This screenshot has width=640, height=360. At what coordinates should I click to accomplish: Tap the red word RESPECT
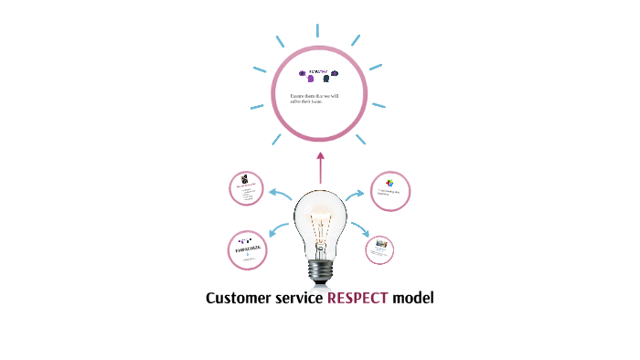click(357, 299)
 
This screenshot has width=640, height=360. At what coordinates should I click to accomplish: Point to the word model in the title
click(411, 299)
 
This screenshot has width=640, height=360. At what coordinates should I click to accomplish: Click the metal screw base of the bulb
click(320, 270)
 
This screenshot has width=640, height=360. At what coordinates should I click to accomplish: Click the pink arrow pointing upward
click(320, 167)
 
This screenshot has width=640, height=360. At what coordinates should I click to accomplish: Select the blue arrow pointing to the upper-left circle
click(279, 195)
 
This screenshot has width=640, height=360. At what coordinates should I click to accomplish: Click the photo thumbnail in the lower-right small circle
click(379, 247)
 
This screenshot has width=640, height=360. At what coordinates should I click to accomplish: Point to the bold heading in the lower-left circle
click(246, 248)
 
